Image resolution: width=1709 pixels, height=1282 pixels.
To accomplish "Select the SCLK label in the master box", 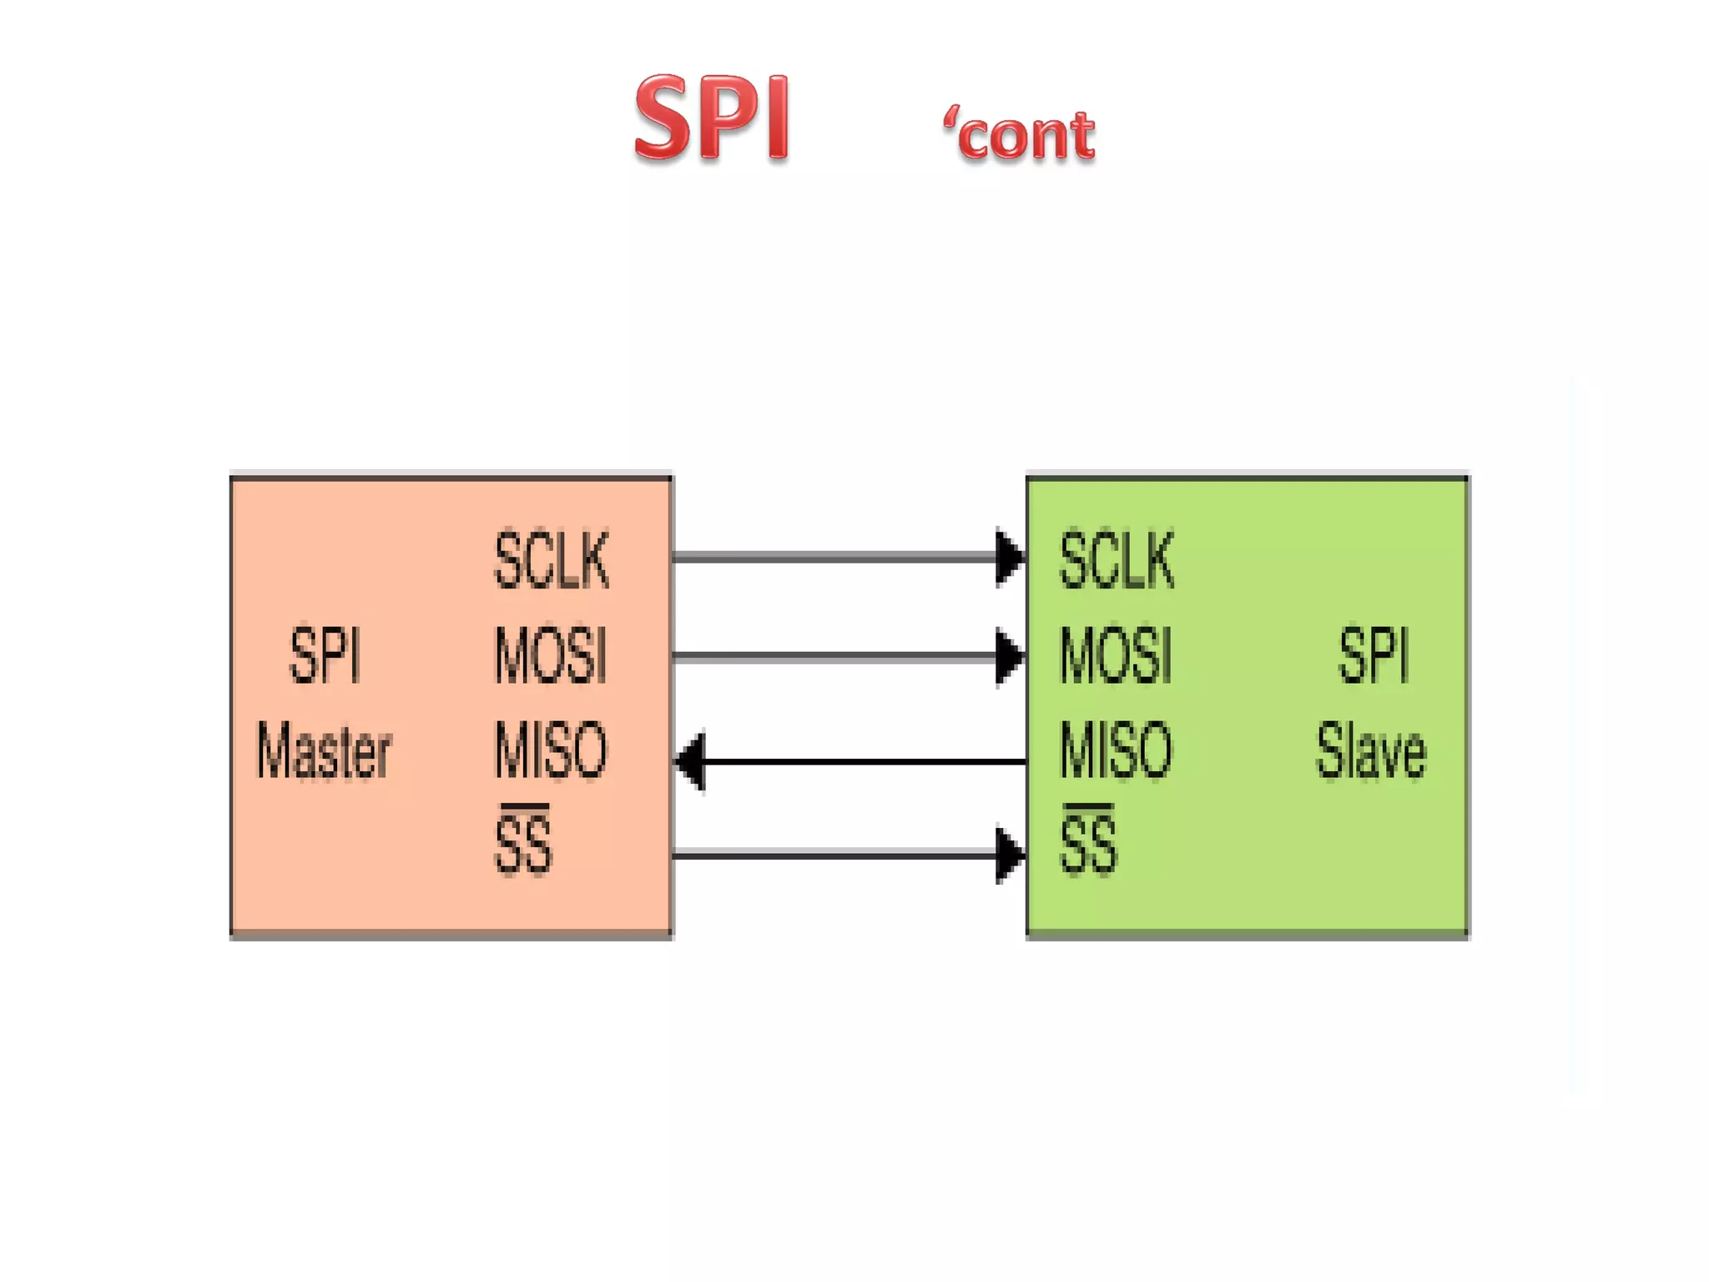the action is [x=552, y=560].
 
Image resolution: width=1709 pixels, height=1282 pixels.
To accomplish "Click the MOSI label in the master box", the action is [x=550, y=655].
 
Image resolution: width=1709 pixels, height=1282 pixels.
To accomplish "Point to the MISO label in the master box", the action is [x=551, y=750].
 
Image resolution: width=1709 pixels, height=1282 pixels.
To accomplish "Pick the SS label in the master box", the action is [x=523, y=845].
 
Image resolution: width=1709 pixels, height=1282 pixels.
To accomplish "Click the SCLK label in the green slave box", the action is [x=1117, y=560].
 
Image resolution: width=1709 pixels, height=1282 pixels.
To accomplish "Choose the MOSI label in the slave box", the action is [x=1116, y=655].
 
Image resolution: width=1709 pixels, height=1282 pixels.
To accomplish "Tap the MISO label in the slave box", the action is [x=1116, y=750].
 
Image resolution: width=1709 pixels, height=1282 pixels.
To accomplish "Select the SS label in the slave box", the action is [x=1088, y=845].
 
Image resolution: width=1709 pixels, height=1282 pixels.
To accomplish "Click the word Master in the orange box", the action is [x=323, y=751].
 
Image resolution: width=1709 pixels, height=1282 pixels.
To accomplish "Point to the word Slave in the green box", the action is [x=1371, y=751].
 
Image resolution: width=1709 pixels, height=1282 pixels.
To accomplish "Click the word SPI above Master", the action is [x=325, y=656].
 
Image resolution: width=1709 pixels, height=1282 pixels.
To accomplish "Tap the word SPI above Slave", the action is [x=1374, y=656].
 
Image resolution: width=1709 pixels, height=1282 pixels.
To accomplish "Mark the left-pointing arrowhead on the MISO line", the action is [x=691, y=760].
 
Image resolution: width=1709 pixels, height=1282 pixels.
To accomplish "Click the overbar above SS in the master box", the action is [x=524, y=807].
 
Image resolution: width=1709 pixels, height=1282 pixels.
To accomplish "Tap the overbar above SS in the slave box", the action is [x=1088, y=807].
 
